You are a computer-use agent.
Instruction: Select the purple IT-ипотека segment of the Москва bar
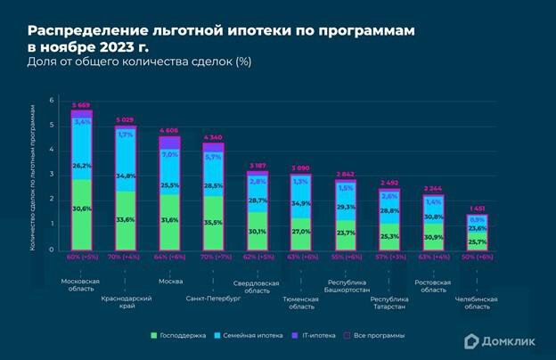pyautogui.click(x=169, y=143)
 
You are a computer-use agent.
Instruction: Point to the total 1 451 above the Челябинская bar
pyautogui.click(x=477, y=210)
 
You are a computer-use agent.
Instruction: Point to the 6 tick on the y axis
pyautogui.click(x=52, y=100)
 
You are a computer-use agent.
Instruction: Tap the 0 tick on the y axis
pyautogui.click(x=52, y=250)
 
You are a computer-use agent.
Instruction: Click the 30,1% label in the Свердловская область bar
pyautogui.click(x=257, y=232)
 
